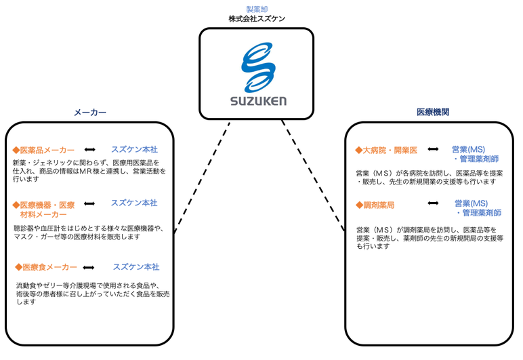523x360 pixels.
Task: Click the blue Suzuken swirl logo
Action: [x=258, y=67]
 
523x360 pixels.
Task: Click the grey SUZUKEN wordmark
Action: [x=258, y=101]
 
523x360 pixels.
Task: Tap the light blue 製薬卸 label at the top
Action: [x=257, y=9]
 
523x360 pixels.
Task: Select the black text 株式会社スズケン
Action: [x=257, y=19]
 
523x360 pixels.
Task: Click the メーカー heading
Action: [x=89, y=113]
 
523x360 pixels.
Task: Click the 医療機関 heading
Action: [x=433, y=112]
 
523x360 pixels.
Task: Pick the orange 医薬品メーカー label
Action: [x=47, y=151]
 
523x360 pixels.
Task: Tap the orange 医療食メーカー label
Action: [x=49, y=267]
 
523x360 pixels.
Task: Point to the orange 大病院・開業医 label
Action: [x=390, y=151]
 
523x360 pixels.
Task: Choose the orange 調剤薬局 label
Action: [x=379, y=205]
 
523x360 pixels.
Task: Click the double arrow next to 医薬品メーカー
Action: [x=89, y=150]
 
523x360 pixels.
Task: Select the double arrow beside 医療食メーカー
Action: [x=88, y=268]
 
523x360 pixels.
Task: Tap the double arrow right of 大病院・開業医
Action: [x=433, y=149]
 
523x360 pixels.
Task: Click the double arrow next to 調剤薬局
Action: [x=433, y=203]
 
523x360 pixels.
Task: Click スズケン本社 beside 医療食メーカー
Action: [x=136, y=267]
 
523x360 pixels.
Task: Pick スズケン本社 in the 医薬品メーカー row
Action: [x=134, y=149]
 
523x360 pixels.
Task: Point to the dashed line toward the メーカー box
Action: [x=202, y=177]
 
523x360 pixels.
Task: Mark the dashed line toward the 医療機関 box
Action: [x=313, y=175]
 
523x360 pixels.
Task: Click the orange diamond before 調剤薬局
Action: [x=359, y=205]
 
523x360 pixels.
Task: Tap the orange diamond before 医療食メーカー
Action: [x=19, y=267]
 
